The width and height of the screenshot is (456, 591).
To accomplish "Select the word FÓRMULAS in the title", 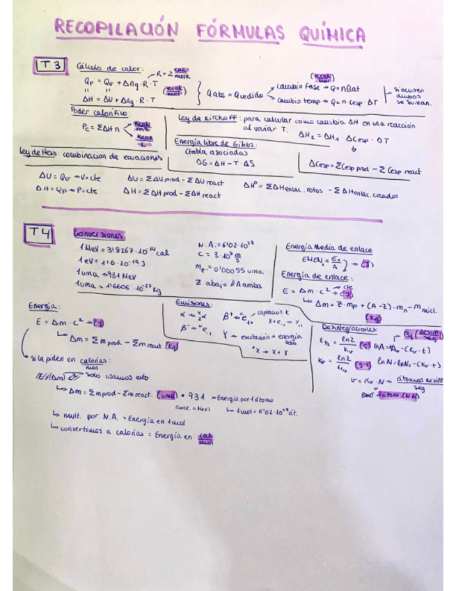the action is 240,31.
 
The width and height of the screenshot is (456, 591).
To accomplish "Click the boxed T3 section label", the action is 51,66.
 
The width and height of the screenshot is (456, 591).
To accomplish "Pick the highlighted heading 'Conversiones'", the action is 97,235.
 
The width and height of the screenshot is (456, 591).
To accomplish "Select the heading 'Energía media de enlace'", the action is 329,249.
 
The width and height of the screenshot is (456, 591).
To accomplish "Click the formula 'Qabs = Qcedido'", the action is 235,96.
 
